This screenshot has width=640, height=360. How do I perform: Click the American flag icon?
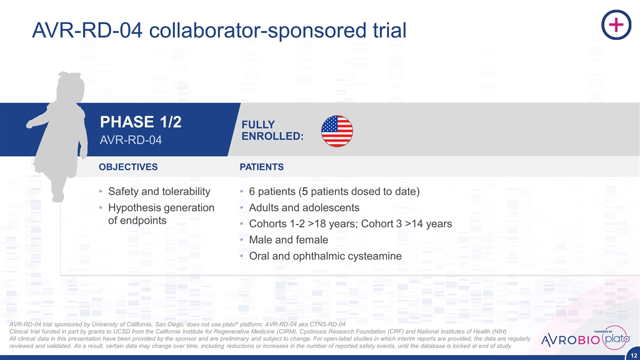337,131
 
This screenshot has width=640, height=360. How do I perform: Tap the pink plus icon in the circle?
616,24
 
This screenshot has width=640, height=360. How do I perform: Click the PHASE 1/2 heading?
140,121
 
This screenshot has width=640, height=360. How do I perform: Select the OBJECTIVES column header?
128,167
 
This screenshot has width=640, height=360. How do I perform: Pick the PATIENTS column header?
261,167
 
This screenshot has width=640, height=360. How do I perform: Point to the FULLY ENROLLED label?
272,130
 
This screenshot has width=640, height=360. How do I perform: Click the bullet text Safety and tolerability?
159,191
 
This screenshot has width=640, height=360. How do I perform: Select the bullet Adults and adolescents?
304,207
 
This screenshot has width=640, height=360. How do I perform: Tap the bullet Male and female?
288,239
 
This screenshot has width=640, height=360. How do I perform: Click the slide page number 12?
633,355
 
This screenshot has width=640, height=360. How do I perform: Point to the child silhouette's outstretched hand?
29,124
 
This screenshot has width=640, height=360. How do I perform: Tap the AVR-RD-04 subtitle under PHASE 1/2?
131,140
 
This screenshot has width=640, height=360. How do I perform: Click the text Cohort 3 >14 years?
406,223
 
